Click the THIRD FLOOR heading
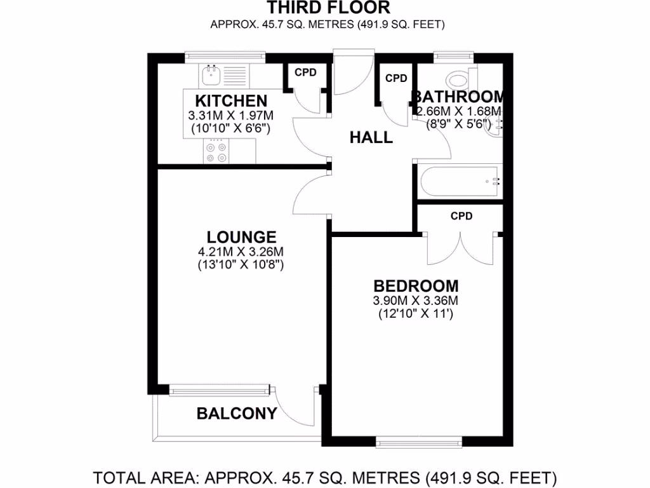(328, 8)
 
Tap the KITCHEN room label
(230, 101)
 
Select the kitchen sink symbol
(212, 75)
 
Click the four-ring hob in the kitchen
(216, 152)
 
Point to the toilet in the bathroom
(458, 79)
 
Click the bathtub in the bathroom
(459, 182)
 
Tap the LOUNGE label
(241, 237)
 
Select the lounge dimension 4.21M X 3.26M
(241, 251)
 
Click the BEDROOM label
(416, 286)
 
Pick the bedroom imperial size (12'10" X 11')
(416, 313)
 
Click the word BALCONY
(237, 414)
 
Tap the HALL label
(371, 137)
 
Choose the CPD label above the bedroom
(461, 216)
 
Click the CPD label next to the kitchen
(305, 72)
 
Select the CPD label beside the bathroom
(396, 79)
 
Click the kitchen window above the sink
(225, 58)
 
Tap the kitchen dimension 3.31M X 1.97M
(230, 116)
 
